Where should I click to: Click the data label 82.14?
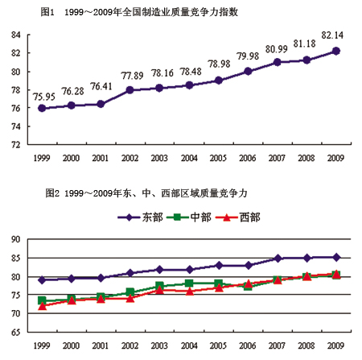[332, 35]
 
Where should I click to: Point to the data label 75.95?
[44, 97]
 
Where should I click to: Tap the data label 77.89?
[132, 76]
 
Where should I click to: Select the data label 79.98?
[248, 56]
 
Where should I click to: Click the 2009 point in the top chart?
[335, 51]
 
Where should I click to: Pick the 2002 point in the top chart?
[130, 90]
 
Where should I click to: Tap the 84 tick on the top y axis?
[16, 35]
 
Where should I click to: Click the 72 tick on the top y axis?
[16, 145]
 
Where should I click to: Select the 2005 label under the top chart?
[218, 158]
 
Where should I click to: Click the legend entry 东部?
[140, 217]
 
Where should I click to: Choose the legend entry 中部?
[189, 217]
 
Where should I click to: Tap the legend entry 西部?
[238, 217]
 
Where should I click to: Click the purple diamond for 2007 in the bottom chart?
[278, 259]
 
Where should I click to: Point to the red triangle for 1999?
[42, 306]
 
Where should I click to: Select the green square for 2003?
[159, 286]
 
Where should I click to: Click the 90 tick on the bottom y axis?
[16, 239]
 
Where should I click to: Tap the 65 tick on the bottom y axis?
[16, 332]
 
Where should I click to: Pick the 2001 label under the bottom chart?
[101, 346]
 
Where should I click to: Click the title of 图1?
[139, 12]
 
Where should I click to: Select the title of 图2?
[146, 193]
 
